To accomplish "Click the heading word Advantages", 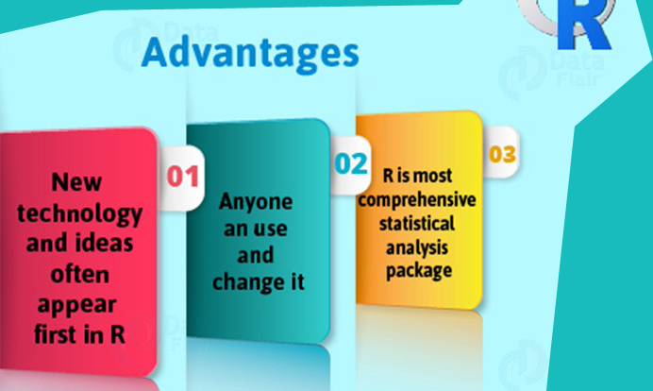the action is tap(250, 54).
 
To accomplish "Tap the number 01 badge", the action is tap(183, 177).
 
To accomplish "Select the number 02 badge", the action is tap(351, 163).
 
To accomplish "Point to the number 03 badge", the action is tap(502, 154).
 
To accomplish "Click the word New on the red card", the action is tap(76, 182).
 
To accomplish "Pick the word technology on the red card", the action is tap(79, 214).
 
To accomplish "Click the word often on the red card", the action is tap(80, 274).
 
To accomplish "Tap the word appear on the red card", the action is tap(76, 306).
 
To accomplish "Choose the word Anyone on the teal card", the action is tap(256, 203).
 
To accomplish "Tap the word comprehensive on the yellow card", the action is tap(417, 200).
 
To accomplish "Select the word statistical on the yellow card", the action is tap(417, 224).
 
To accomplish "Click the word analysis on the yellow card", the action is tap(417, 248).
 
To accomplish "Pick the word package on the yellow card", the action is tap(419, 271).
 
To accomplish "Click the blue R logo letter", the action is tap(585, 25).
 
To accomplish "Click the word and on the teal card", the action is tap(256, 255).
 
